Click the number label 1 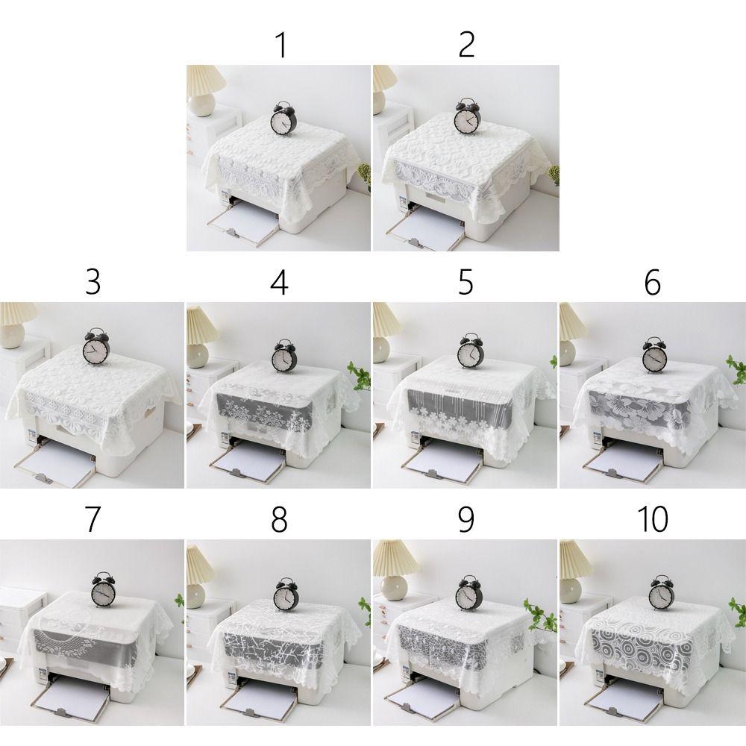pos(280,46)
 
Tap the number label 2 pos(466,46)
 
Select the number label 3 pos(93,283)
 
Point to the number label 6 pos(652,283)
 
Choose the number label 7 pos(93,521)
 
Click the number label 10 pos(652,521)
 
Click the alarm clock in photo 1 pos(283,119)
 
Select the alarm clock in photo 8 pos(284,595)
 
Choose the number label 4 pos(280,283)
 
